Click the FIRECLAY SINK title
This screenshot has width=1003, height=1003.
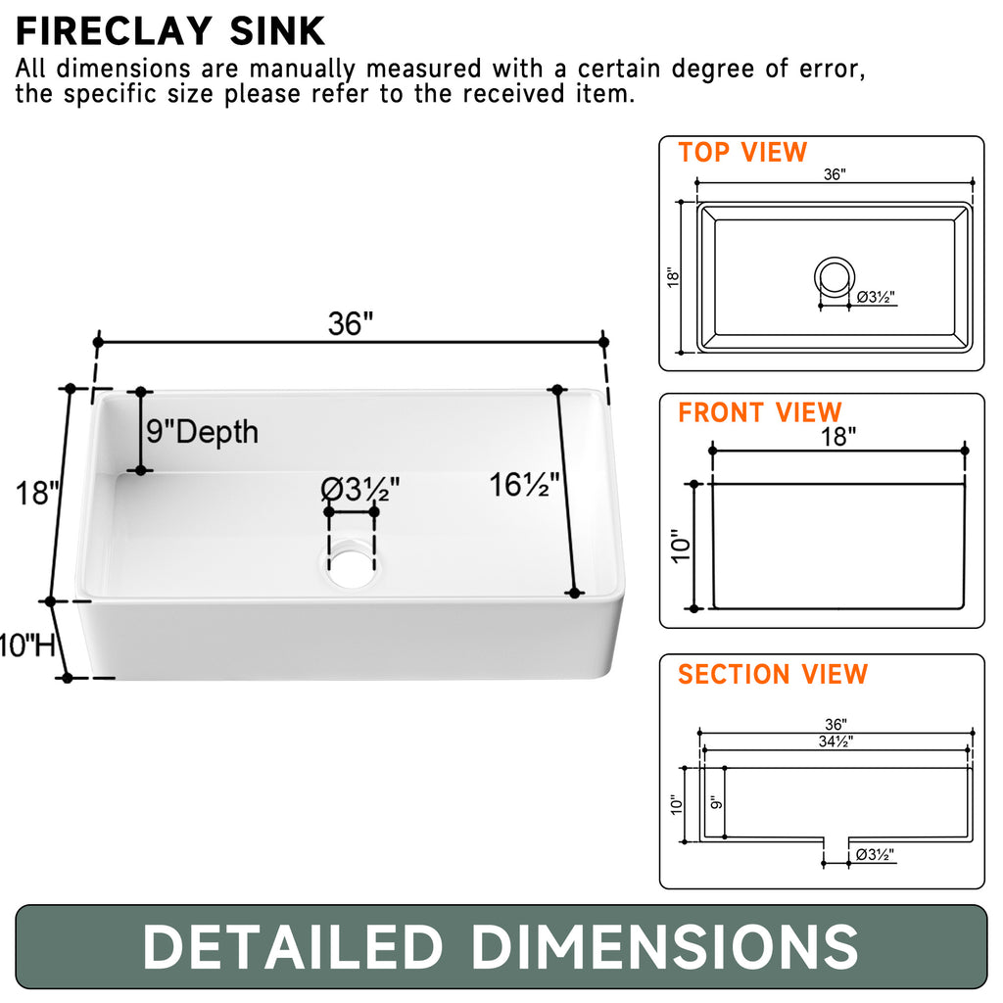point(169,31)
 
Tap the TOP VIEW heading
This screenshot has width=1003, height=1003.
point(742,153)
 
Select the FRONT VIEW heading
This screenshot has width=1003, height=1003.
point(759,412)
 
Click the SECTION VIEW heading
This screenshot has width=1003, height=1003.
point(773,674)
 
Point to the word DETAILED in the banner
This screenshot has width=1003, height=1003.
point(293,947)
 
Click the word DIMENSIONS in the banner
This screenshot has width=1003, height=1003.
point(665,947)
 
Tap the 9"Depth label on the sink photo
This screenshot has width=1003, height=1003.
point(203,431)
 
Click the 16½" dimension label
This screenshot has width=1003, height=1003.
point(524,483)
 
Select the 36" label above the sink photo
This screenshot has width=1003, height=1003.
point(351,324)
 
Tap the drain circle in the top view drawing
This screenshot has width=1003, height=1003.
point(834,276)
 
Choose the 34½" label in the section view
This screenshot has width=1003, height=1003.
point(835,741)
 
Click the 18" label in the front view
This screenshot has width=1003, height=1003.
point(837,437)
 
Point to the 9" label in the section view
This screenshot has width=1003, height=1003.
point(714,802)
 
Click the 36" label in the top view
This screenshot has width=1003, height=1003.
point(834,174)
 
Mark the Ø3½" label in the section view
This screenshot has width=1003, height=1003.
point(874,855)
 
